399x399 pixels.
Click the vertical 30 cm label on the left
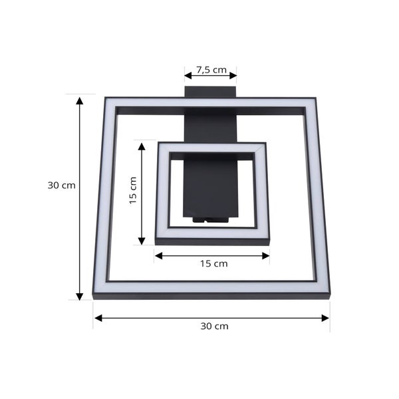(x=61, y=186)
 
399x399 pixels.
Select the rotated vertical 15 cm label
(x=132, y=190)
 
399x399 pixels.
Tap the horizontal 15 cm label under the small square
(x=213, y=263)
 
